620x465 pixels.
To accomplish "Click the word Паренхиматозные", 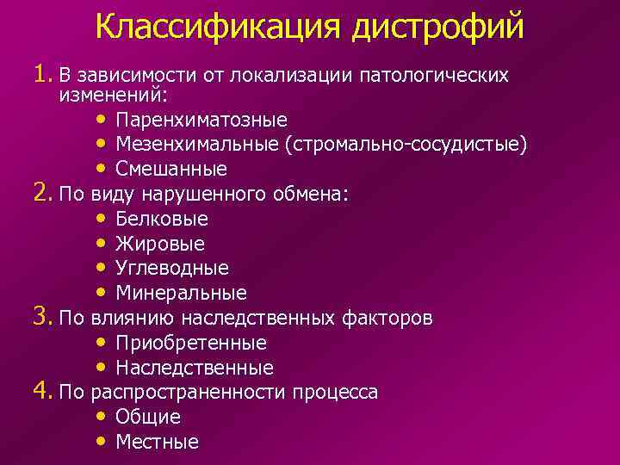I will (x=201, y=119).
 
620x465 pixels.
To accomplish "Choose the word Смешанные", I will (x=171, y=169).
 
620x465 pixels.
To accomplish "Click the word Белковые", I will (x=162, y=219).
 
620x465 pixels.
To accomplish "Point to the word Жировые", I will (x=160, y=244).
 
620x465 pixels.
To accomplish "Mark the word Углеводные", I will (x=172, y=269).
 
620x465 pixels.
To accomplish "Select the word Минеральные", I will (x=181, y=294).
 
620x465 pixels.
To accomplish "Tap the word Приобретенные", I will (x=190, y=343).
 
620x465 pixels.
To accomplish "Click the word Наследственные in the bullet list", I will (x=194, y=368).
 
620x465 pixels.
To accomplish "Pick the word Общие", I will (x=148, y=417).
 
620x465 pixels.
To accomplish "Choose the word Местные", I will (x=157, y=442).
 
